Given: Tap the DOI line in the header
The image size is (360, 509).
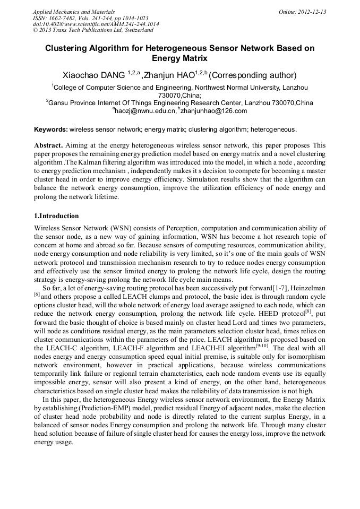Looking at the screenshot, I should click(96, 24).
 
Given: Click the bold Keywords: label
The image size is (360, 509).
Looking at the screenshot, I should click(51, 129).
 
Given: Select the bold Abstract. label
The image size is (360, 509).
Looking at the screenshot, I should click(48, 145).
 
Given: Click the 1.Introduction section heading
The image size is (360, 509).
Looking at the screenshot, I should click(56, 216).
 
